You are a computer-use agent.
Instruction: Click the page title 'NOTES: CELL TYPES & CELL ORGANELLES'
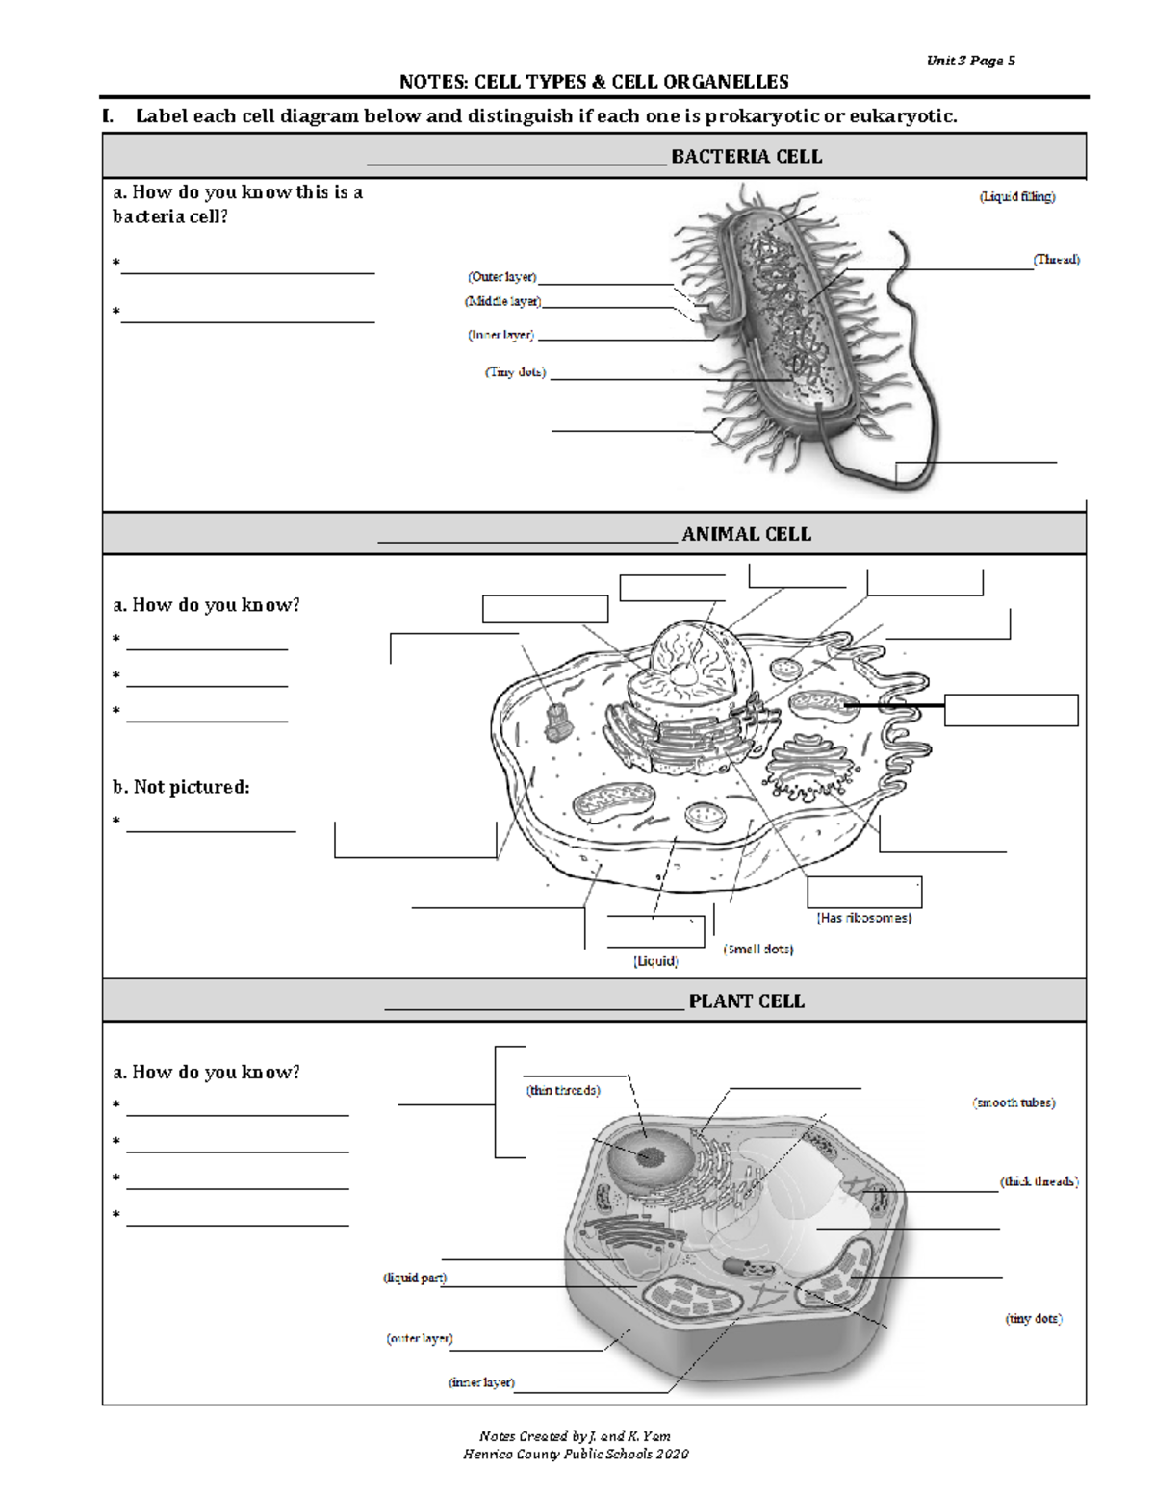pyautogui.click(x=594, y=82)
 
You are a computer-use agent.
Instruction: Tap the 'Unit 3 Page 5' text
pyautogui.click(x=970, y=61)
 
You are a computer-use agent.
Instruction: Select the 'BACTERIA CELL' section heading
pyautogui.click(x=746, y=157)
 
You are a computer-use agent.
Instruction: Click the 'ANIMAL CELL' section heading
pyautogui.click(x=746, y=534)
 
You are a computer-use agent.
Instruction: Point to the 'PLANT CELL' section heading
pyautogui.click(x=746, y=1001)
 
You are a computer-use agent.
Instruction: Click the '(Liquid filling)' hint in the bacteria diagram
pyautogui.click(x=1017, y=197)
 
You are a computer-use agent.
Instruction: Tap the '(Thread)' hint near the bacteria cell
pyautogui.click(x=1056, y=260)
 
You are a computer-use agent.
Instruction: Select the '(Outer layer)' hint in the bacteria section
pyautogui.click(x=501, y=277)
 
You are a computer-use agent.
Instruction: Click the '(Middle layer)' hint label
pyautogui.click(x=503, y=302)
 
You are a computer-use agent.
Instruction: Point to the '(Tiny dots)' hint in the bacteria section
pyautogui.click(x=515, y=372)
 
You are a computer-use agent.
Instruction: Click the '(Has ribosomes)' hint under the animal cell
pyautogui.click(x=863, y=918)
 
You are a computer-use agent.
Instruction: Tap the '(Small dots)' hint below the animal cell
pyautogui.click(x=758, y=949)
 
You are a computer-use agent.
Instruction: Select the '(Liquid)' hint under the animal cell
pyautogui.click(x=655, y=961)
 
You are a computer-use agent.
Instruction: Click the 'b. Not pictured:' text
pyautogui.click(x=181, y=787)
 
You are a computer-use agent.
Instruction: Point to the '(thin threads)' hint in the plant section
pyautogui.click(x=563, y=1090)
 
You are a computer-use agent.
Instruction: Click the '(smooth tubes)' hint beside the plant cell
pyautogui.click(x=1014, y=1102)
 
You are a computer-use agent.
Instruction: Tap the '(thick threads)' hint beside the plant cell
pyautogui.click(x=1039, y=1181)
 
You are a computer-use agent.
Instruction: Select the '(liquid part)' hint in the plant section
pyautogui.click(x=415, y=1278)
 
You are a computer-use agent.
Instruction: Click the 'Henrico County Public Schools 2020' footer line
pyautogui.click(x=576, y=1454)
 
